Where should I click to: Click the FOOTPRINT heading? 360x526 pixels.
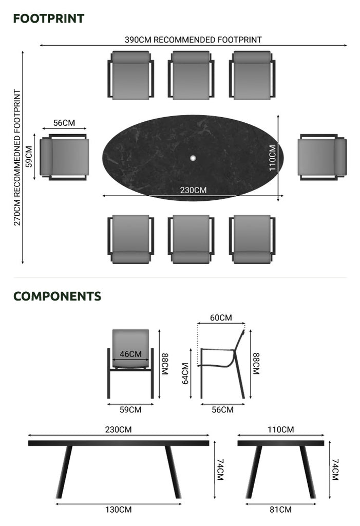[x=49, y=18]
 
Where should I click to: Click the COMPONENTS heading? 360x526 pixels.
[x=57, y=296]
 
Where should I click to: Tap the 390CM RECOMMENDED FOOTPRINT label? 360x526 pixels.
[x=193, y=40]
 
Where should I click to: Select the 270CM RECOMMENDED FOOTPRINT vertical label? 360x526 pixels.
[x=17, y=157]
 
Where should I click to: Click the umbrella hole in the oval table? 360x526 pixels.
[x=193, y=158]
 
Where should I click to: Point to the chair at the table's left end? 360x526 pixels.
[x=64, y=157]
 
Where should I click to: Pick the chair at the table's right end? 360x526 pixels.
[x=322, y=157]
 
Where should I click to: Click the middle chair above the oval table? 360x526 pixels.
[x=191, y=75]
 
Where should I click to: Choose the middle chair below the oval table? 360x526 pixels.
[x=191, y=239]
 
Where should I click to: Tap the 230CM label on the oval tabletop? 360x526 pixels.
[x=193, y=190]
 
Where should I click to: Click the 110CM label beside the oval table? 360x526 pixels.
[x=272, y=158]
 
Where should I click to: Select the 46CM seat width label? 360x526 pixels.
[x=130, y=354]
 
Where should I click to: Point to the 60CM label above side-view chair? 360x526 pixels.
[x=221, y=317]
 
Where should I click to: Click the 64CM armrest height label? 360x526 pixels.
[x=185, y=373]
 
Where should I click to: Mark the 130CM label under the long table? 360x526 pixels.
[x=119, y=510]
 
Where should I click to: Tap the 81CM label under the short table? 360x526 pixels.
[x=280, y=510]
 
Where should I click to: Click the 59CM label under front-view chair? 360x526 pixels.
[x=130, y=409]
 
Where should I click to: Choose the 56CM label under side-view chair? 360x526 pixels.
[x=222, y=409]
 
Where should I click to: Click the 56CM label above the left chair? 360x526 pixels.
[x=64, y=123]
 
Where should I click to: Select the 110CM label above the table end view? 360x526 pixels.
[x=280, y=429]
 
